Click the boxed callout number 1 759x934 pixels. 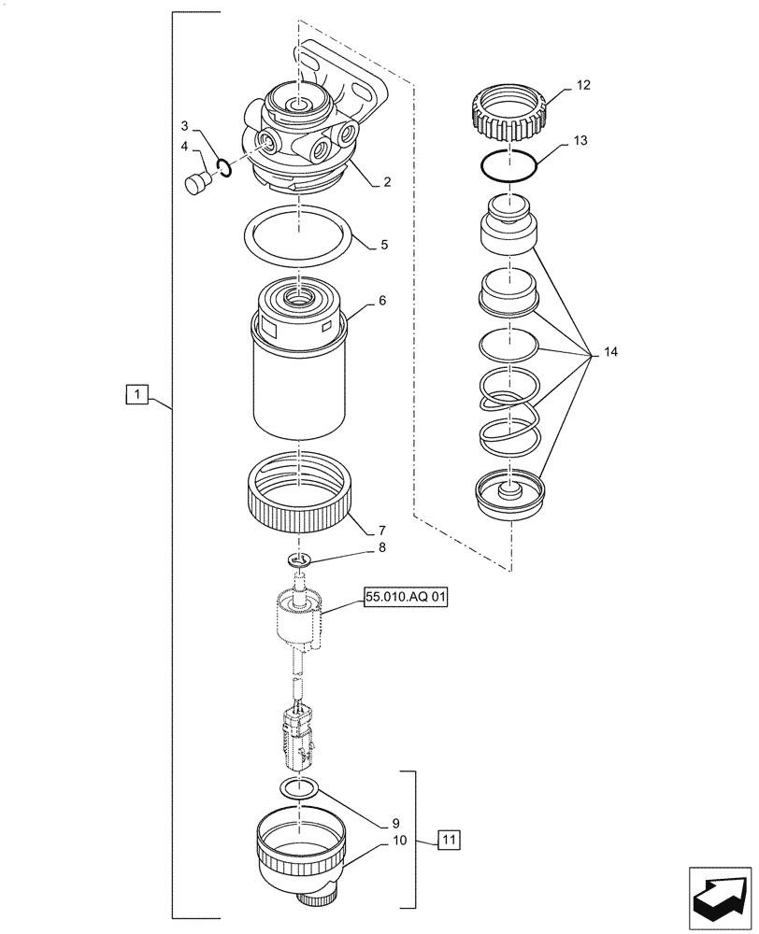136,396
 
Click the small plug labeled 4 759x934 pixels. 197,183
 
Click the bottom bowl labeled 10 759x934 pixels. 450,842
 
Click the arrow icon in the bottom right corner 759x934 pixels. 719,894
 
